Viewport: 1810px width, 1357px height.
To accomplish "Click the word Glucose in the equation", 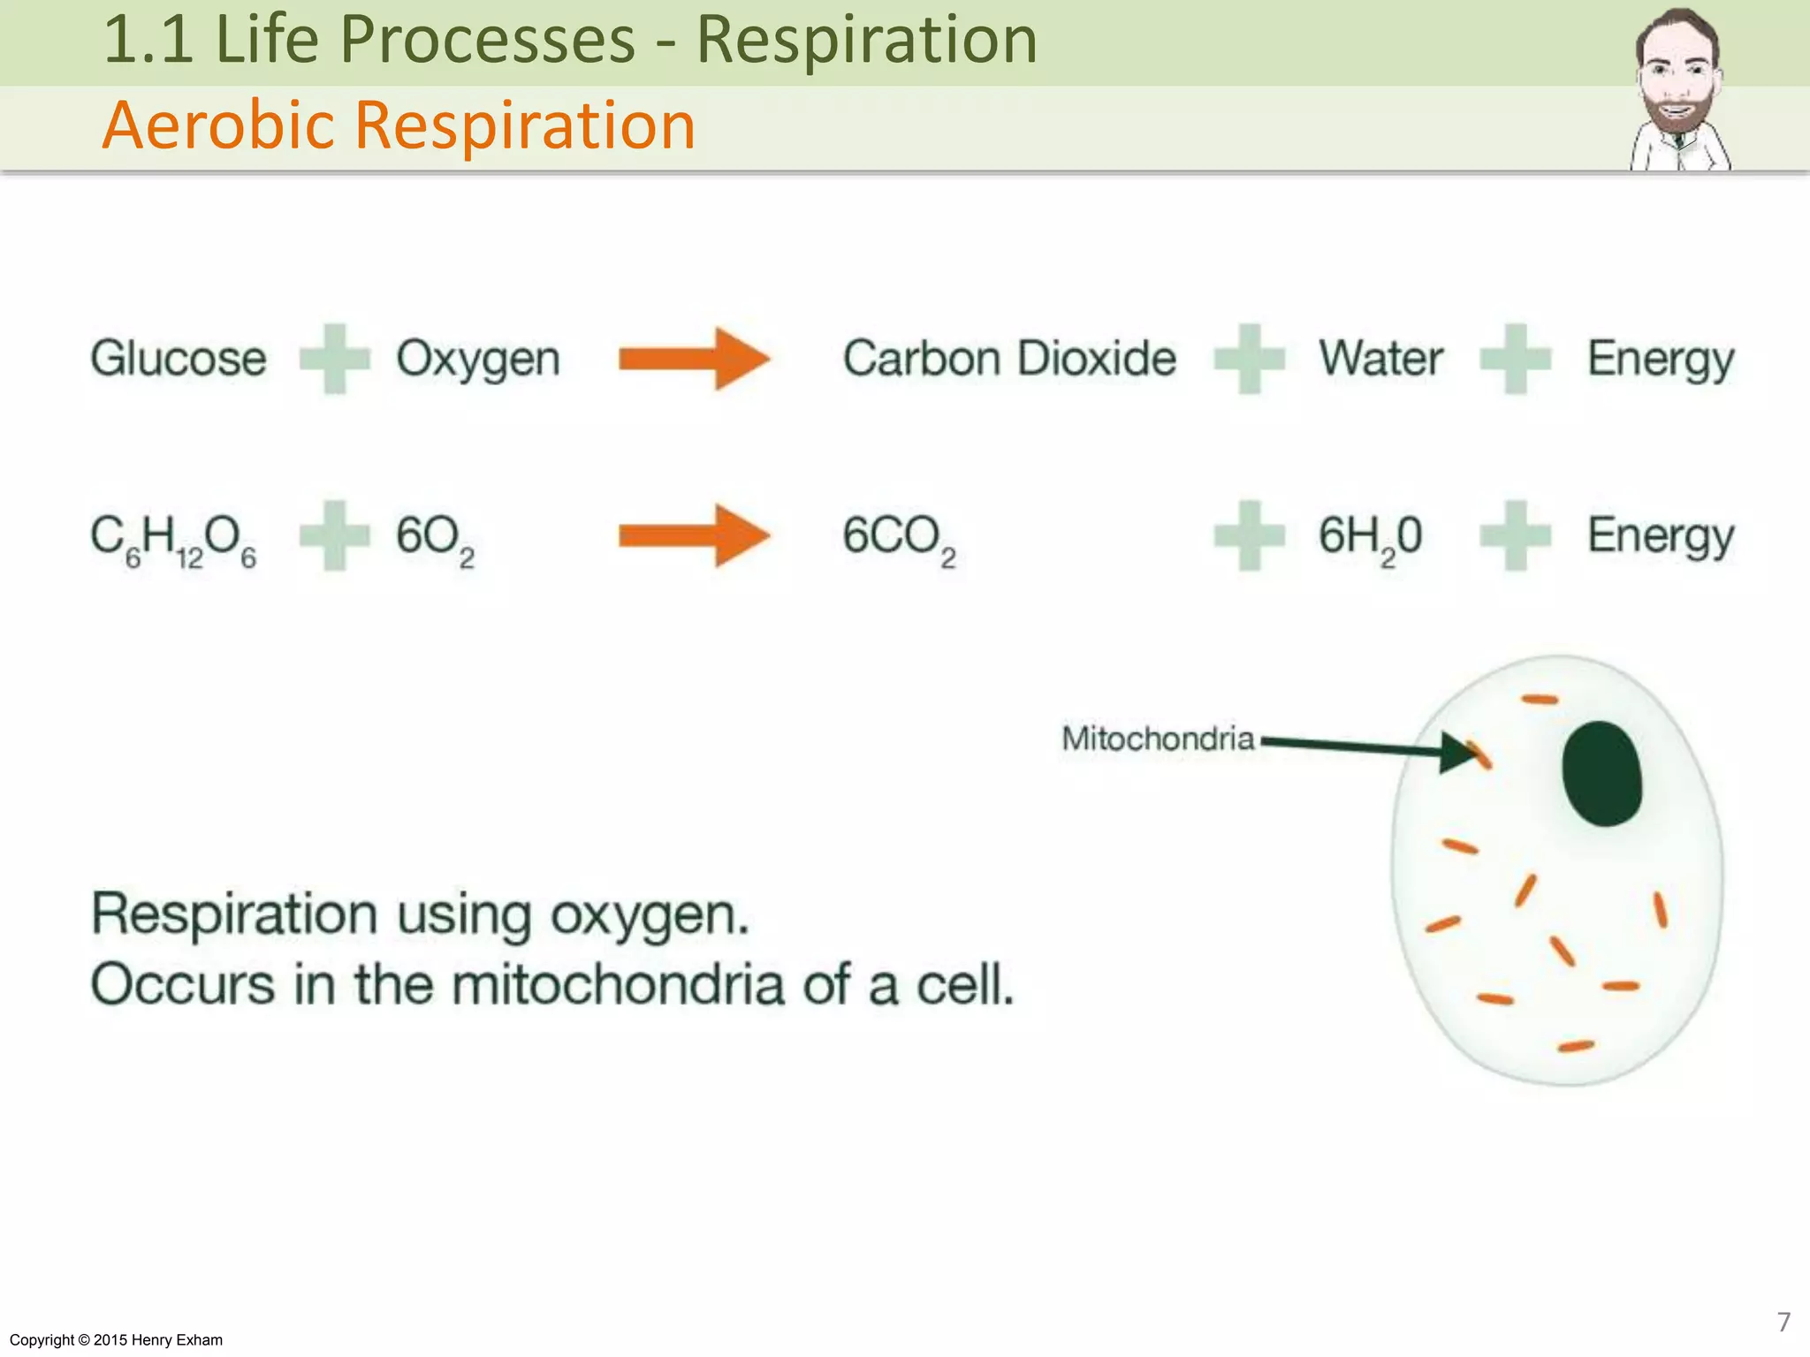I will tap(179, 359).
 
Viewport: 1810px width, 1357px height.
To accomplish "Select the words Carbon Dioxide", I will tap(1009, 359).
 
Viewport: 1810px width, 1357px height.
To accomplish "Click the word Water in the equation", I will tap(1381, 359).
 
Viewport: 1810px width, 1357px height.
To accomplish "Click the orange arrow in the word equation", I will tap(695, 360).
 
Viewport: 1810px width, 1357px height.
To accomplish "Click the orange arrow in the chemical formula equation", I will tap(695, 536).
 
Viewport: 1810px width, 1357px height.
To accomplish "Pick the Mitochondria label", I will tap(1158, 739).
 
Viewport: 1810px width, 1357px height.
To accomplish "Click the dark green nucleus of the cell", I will tap(1601, 774).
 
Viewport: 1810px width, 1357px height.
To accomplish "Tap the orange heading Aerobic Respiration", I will tap(399, 125).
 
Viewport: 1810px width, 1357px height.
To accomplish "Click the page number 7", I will tap(1783, 1322).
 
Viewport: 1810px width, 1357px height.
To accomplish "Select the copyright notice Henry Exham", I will tap(116, 1340).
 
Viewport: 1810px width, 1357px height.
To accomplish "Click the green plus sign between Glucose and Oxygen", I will tap(334, 359).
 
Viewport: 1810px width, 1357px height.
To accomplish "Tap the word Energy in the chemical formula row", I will tap(1661, 537).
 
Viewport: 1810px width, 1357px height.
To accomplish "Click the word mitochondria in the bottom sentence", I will tap(618, 985).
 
